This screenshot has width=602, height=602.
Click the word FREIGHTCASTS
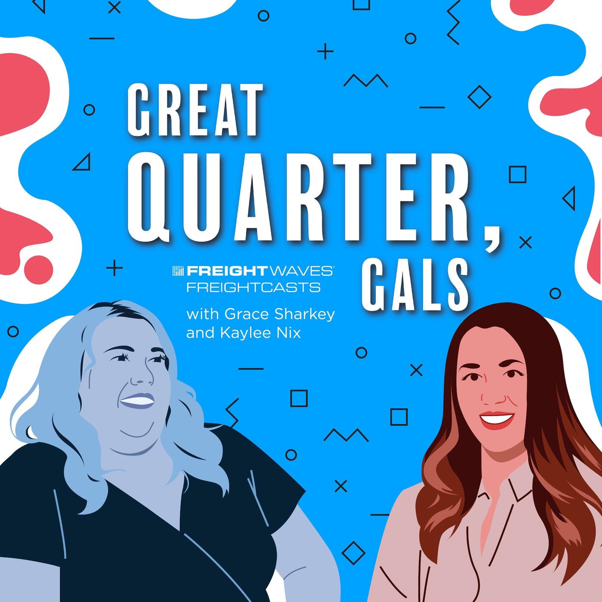pyautogui.click(x=253, y=287)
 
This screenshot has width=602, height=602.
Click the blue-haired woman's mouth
pyautogui.click(x=137, y=401)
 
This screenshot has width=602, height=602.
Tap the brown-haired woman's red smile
pyautogui.click(x=496, y=419)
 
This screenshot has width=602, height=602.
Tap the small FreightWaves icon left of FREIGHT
pyautogui.click(x=178, y=271)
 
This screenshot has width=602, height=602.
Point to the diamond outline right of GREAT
pyautogui.click(x=479, y=97)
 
